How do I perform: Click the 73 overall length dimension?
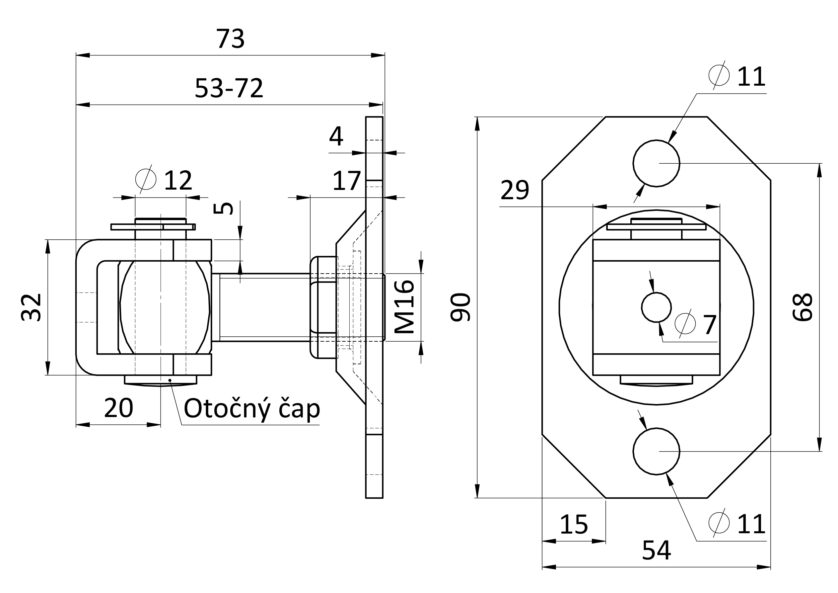click(230, 39)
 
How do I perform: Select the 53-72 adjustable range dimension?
click(229, 88)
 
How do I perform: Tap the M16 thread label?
click(404, 306)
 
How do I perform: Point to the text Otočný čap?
click(252, 409)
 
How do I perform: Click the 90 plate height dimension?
click(460, 307)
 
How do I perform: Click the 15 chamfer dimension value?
click(574, 525)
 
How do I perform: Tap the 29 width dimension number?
click(515, 190)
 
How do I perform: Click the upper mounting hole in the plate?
click(656, 163)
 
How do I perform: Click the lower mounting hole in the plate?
click(656, 451)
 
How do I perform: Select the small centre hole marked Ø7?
click(656, 307)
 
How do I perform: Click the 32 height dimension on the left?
click(31, 307)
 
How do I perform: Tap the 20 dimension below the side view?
click(119, 408)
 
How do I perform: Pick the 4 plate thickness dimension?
click(336, 136)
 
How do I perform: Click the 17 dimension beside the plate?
click(347, 181)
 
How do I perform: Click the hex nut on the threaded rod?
click(323, 307)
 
